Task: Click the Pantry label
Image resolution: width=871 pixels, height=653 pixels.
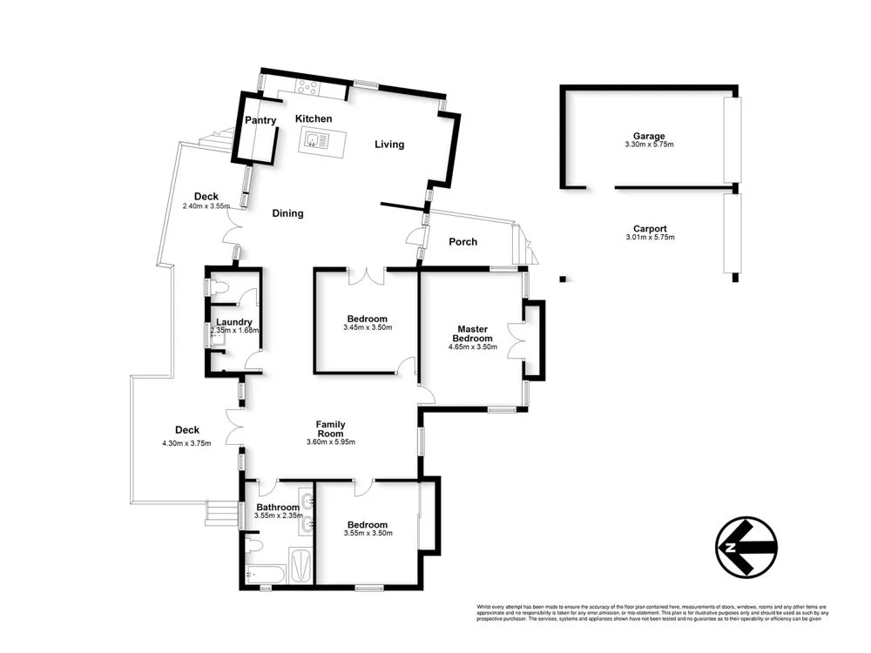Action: click(260, 120)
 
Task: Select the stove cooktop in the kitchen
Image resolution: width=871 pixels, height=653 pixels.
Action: click(307, 85)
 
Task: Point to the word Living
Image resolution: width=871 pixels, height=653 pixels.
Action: click(389, 145)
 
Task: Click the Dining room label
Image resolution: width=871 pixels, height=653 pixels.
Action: click(287, 213)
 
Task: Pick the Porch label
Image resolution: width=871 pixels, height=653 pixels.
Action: click(463, 241)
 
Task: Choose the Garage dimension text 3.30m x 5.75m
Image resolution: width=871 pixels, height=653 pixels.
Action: click(649, 145)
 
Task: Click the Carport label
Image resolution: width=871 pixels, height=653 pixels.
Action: click(651, 229)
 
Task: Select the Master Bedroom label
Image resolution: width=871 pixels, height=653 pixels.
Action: click(476, 334)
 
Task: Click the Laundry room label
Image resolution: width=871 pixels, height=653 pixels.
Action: click(233, 322)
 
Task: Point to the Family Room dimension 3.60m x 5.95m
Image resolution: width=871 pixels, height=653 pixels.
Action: click(331, 442)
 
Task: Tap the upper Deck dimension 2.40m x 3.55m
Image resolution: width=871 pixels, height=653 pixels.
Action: click(206, 206)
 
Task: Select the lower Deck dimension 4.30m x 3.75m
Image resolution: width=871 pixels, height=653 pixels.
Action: click(187, 443)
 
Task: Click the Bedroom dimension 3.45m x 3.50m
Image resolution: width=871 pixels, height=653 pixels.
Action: click(368, 328)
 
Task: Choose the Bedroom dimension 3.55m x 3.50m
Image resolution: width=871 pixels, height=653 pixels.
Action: click(368, 533)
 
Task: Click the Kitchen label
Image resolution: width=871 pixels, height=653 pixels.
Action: click(314, 118)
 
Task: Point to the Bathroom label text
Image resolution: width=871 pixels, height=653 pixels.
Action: click(278, 507)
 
